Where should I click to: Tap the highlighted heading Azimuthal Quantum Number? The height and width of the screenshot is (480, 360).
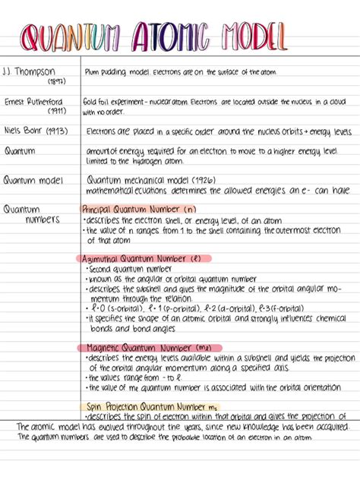(137, 258)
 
